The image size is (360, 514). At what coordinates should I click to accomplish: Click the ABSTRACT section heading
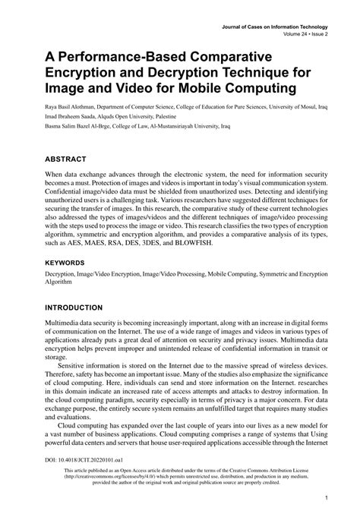pos(54,160)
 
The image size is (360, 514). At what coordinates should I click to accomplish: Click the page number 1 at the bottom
pos(325,499)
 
